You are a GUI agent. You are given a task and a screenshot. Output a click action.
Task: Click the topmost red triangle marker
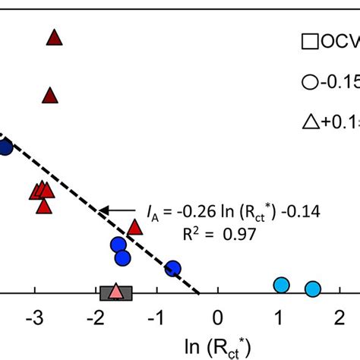point(54,37)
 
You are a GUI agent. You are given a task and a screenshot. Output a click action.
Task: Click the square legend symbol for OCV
point(309,43)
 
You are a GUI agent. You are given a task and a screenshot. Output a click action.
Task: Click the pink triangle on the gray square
point(115,291)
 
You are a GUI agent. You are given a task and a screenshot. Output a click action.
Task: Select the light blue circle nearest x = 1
point(282,285)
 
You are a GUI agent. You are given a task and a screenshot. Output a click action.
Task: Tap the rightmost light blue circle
point(312,289)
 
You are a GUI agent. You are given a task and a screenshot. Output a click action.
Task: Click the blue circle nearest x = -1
point(173,268)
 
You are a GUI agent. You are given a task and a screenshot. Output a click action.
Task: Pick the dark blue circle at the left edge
point(5,147)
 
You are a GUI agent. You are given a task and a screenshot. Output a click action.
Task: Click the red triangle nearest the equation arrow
point(135,227)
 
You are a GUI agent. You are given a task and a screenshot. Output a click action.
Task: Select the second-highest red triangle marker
point(50,96)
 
